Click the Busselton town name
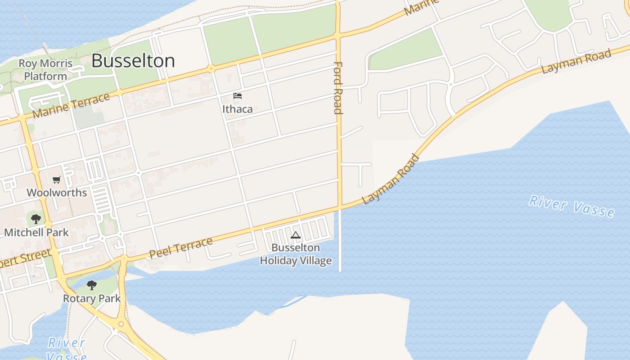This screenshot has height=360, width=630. (x=133, y=61)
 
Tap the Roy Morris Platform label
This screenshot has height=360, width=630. (x=45, y=70)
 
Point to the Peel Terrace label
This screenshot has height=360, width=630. (x=181, y=247)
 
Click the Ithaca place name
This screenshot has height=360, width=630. (x=238, y=109)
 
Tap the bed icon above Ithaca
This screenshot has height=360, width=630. (x=238, y=95)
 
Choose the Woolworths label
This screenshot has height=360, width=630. (x=57, y=193)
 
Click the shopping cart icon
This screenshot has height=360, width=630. (x=57, y=180)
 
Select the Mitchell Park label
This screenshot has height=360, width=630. (x=36, y=232)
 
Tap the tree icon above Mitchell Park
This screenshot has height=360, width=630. (x=36, y=219)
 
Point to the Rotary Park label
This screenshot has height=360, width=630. (x=92, y=298)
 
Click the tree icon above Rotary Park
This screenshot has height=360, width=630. (x=92, y=285)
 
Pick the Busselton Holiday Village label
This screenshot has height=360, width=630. (x=296, y=254)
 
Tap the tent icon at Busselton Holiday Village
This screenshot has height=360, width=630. (x=296, y=234)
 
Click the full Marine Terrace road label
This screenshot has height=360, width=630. (x=71, y=105)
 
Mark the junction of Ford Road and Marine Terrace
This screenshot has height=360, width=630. (x=337, y=35)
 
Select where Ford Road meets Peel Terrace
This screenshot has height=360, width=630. (x=340, y=207)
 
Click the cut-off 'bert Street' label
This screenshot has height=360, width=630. (x=25, y=259)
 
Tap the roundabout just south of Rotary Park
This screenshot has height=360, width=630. (x=121, y=324)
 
